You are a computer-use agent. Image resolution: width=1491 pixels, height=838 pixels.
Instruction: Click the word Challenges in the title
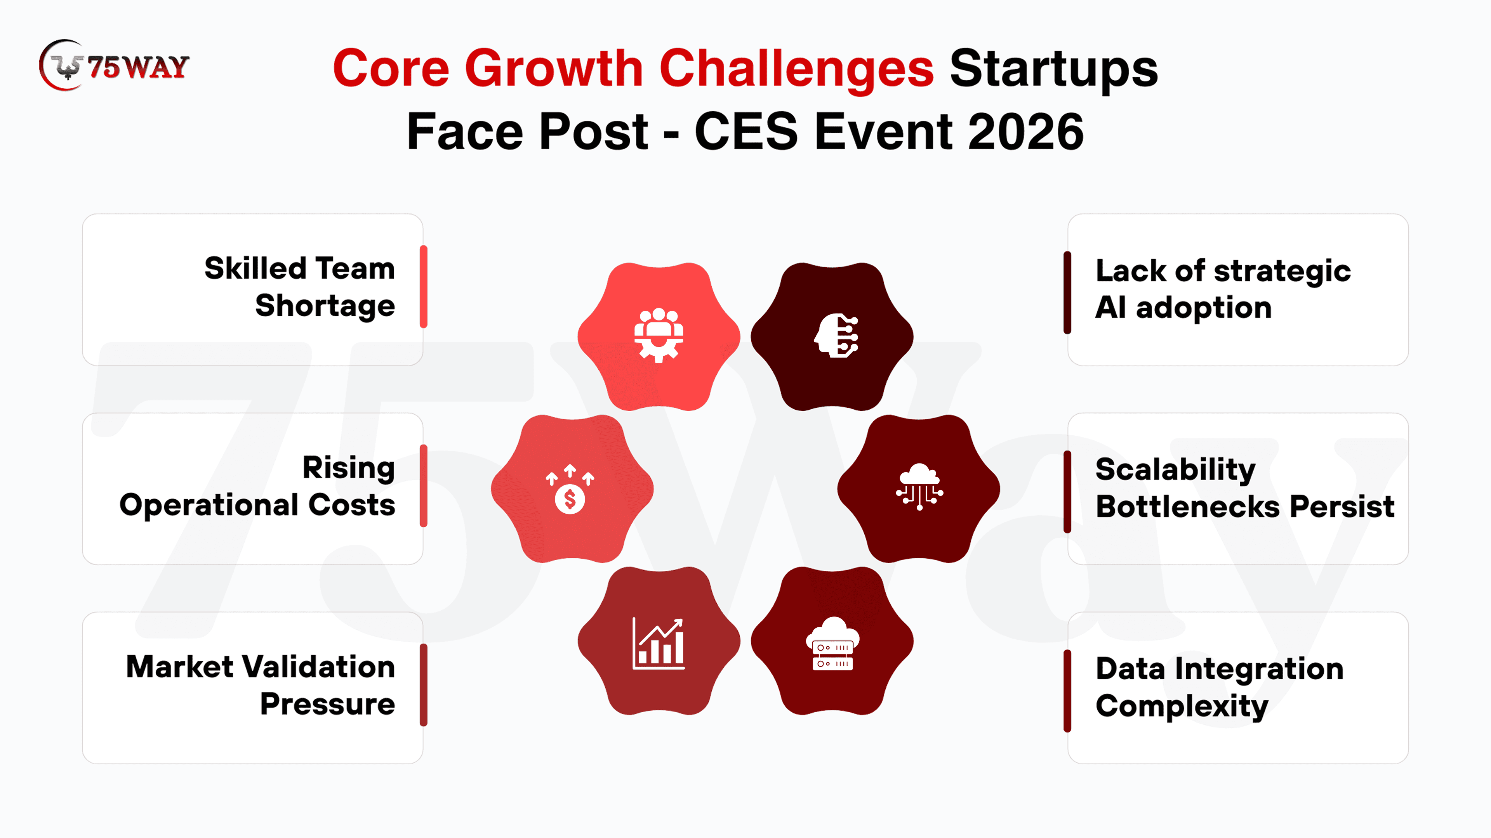click(x=796, y=69)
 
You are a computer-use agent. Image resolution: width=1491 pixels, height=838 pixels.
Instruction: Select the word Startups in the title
click(x=1053, y=69)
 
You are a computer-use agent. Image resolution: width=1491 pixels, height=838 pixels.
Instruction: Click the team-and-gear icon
click(x=659, y=336)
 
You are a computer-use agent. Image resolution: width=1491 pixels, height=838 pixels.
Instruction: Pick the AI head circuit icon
click(x=836, y=336)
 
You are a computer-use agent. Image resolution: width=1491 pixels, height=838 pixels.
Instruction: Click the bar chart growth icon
click(x=659, y=643)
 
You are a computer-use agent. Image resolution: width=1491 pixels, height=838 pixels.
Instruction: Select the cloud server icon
click(x=832, y=643)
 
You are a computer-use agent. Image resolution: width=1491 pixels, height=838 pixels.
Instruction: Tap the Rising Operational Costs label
click(x=257, y=487)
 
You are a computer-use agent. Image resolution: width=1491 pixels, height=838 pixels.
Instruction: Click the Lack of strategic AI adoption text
click(x=1223, y=289)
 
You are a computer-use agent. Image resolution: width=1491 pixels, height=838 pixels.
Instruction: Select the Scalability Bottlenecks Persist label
click(x=1245, y=488)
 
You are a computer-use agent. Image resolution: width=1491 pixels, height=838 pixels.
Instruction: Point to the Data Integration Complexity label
click(x=1220, y=687)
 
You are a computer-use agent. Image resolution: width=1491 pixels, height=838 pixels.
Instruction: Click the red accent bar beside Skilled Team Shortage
click(x=424, y=287)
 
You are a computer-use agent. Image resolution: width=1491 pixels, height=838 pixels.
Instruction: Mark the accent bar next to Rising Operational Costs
click(x=424, y=486)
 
